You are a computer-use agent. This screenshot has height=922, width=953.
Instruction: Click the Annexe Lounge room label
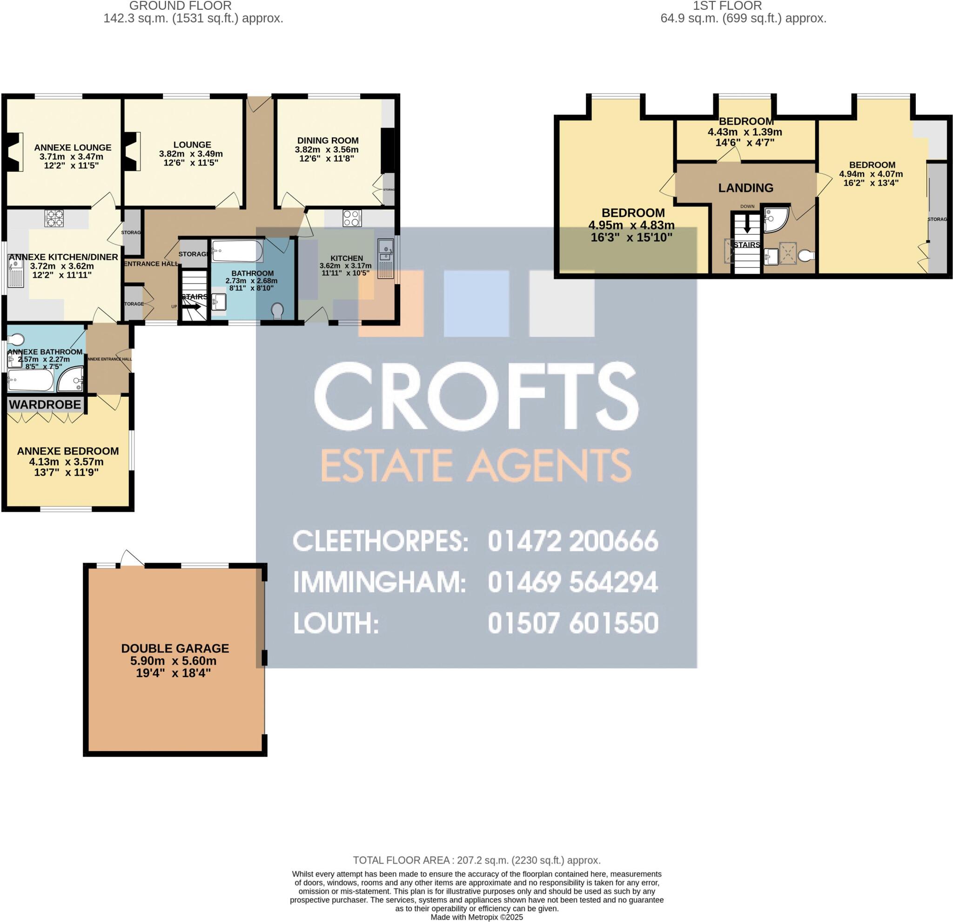point(73,148)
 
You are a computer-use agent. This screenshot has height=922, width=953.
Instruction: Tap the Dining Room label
point(328,141)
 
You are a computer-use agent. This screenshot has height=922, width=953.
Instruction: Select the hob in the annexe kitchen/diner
point(54,217)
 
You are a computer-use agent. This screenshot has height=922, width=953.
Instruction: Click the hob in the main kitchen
point(351,217)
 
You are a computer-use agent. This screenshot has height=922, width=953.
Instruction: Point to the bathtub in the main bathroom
point(238,251)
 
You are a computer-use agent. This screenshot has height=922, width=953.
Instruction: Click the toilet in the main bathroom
point(278,310)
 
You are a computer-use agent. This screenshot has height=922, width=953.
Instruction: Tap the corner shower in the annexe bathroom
point(72,380)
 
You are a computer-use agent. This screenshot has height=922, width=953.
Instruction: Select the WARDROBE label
point(45,404)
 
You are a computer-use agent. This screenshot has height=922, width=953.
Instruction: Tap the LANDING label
point(745,188)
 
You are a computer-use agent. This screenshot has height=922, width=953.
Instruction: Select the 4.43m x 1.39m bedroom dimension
point(745,132)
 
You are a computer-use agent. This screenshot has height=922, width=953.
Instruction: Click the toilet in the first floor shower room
point(805,256)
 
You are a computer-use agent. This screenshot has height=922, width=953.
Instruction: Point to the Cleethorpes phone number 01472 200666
point(573,541)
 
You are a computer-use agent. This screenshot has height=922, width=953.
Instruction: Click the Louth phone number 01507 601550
point(573,623)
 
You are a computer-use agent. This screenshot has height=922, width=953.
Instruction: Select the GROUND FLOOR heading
point(181,6)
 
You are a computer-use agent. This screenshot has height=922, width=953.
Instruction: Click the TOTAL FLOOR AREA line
point(476,860)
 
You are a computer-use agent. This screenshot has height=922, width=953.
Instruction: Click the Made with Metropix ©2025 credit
point(476,917)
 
